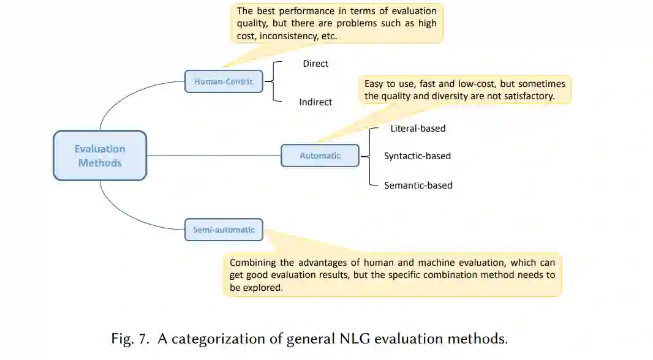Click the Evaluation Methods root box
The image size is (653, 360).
pyautogui.click(x=100, y=156)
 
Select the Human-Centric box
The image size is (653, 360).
pyautogui.click(x=224, y=81)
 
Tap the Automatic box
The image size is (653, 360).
pyautogui.click(x=320, y=156)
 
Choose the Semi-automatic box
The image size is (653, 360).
pyautogui.click(x=224, y=230)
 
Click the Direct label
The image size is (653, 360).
pyautogui.click(x=315, y=64)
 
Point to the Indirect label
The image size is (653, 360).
pyautogui.click(x=315, y=102)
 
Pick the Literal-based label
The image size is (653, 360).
pyautogui.click(x=418, y=129)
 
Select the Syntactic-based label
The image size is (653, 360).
pyautogui.click(x=417, y=156)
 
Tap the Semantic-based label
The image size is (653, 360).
pyautogui.click(x=418, y=185)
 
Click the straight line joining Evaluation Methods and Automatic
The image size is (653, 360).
pyautogui.click(x=214, y=156)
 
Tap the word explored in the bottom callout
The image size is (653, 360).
pyautogui.click(x=264, y=287)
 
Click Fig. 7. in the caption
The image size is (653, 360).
pyautogui.click(x=130, y=339)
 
